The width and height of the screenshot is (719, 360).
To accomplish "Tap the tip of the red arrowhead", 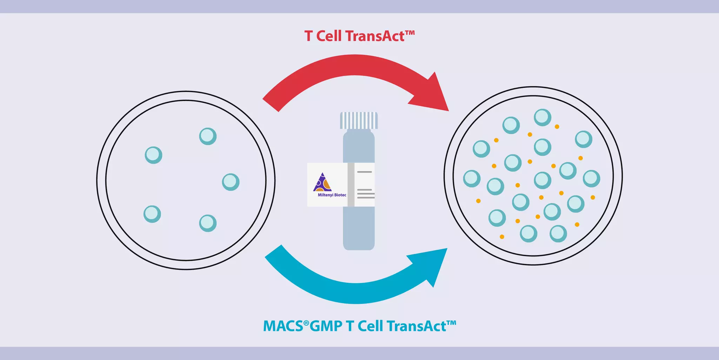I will [448, 110].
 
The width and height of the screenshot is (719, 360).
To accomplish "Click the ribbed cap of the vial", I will [359, 120].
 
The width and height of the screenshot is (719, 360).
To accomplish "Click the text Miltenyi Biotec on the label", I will [332, 195].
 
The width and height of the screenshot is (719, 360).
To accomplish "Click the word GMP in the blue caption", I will [326, 326].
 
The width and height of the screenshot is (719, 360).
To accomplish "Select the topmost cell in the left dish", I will [208, 136].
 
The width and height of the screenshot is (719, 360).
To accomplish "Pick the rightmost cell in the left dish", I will [231, 182].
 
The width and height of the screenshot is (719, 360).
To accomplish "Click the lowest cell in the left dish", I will [208, 223].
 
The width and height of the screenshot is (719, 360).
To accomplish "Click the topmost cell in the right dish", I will [543, 117].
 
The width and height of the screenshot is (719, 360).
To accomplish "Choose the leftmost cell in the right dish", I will [472, 178].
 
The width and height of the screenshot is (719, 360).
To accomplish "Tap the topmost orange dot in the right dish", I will [557, 127].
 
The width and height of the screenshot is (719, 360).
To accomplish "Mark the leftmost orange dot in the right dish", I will [478, 201].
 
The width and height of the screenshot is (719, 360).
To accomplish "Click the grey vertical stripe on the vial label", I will [351, 185].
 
